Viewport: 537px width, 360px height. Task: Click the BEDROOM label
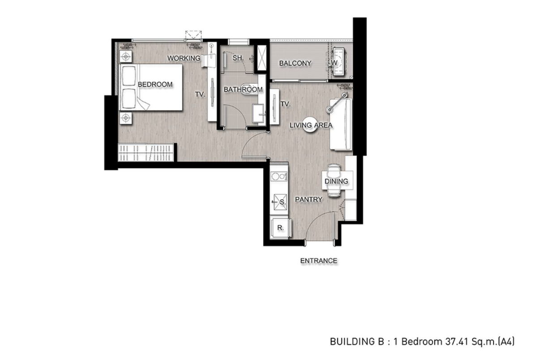(x=155, y=85)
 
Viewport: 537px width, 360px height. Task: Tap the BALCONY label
(x=295, y=63)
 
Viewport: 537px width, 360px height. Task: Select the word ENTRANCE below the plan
(x=319, y=261)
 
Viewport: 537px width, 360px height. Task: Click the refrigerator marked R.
(x=281, y=228)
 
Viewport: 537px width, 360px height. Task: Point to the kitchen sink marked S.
(x=280, y=202)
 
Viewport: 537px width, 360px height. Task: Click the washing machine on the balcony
(x=338, y=62)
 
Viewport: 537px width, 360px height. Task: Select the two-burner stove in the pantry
(x=279, y=176)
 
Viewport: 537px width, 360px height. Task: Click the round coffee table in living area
(x=310, y=124)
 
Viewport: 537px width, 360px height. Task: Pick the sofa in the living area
(x=341, y=124)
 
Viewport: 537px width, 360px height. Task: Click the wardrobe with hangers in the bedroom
(x=146, y=152)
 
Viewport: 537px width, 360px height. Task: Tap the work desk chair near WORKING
(x=208, y=61)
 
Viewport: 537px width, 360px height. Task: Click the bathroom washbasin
(x=259, y=113)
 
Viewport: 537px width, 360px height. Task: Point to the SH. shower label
(x=238, y=58)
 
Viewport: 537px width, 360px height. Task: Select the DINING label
(x=336, y=181)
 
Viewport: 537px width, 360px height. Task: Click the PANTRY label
(x=308, y=199)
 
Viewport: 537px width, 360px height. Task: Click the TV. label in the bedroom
(x=200, y=94)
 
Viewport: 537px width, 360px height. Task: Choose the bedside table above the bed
(x=126, y=57)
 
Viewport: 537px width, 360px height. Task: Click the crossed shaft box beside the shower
(x=261, y=58)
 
